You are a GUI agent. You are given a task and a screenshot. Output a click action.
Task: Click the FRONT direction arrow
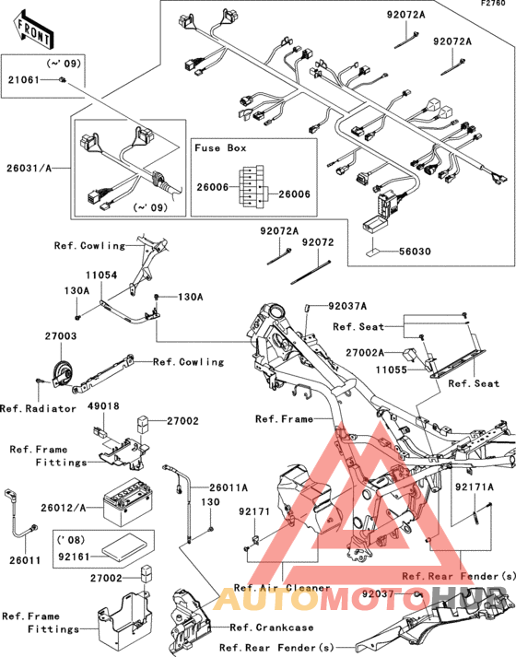(x=33, y=29)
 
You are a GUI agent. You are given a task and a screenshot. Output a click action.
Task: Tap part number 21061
(x=24, y=79)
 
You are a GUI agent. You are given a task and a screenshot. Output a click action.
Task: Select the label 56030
(x=415, y=252)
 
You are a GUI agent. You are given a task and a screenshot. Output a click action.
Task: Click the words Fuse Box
(x=220, y=148)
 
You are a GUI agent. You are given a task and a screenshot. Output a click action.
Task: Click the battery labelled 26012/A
(x=128, y=502)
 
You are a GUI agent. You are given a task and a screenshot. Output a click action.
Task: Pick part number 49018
(x=103, y=406)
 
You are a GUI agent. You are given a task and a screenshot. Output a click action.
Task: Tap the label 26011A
(x=229, y=487)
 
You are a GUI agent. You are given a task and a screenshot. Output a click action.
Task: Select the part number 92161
(x=74, y=557)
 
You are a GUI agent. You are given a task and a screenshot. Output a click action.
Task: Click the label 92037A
(x=347, y=306)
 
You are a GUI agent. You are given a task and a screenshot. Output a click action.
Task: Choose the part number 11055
(x=392, y=370)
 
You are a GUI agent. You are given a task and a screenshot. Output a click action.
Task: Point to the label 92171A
(x=475, y=487)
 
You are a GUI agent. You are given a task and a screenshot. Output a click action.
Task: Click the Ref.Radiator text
(x=38, y=408)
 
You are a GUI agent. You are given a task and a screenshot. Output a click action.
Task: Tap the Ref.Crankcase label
(x=272, y=628)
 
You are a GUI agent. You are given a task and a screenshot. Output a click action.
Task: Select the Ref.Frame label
(x=285, y=419)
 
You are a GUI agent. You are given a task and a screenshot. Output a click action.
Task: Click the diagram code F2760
(x=493, y=4)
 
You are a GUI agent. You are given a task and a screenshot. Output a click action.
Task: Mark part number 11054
(x=101, y=276)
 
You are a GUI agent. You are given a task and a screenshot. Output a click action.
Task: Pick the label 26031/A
(x=29, y=169)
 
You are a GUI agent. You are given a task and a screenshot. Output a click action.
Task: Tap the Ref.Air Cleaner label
(x=282, y=588)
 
